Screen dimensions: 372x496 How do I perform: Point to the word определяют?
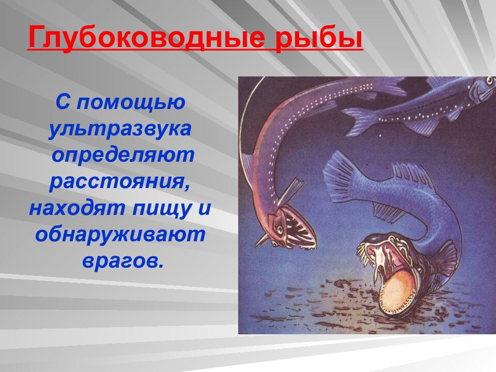click(x=122, y=156)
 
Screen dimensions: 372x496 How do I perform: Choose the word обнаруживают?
click(x=120, y=235)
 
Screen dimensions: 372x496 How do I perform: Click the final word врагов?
click(x=122, y=261)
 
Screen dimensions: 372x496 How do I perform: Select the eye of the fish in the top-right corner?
click(x=488, y=82)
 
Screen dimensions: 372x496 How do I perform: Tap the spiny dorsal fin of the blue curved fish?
click(x=411, y=176)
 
